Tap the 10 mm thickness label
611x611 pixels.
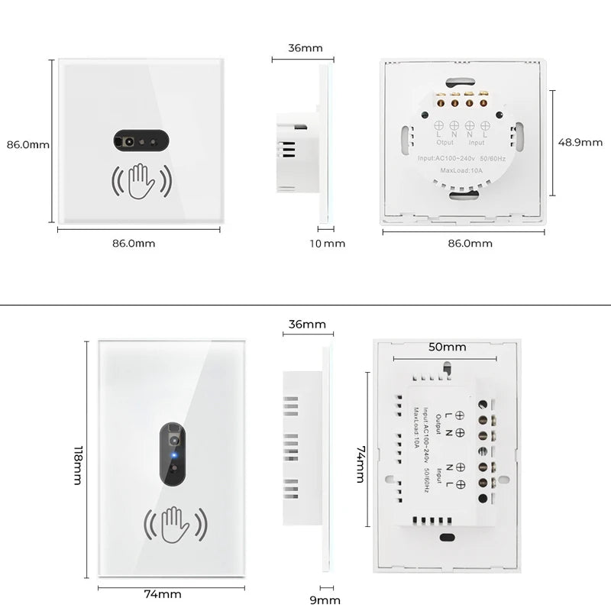click(328, 244)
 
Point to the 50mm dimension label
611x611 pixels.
click(447, 347)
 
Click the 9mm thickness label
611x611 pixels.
click(326, 600)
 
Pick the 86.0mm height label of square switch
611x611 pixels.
click(28, 144)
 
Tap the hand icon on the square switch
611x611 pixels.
click(141, 181)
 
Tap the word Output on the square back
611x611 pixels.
click(445, 142)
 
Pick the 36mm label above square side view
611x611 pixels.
click(305, 47)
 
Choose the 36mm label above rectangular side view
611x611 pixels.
click(306, 324)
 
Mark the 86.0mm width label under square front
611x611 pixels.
click(134, 244)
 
